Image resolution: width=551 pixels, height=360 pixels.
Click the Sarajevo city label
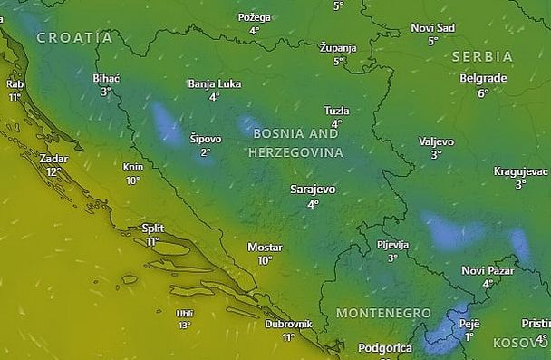[313, 190]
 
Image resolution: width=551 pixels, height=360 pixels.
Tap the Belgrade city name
[483, 78]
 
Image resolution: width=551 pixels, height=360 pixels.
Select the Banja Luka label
[214, 83]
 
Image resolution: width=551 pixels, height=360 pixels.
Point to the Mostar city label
[265, 247]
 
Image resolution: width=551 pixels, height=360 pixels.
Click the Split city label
[153, 229]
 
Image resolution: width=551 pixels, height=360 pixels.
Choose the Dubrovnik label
[288, 324]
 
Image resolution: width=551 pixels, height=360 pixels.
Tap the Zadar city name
[54, 158]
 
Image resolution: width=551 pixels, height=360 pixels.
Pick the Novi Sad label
[432, 28]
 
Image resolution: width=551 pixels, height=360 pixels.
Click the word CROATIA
[74, 38]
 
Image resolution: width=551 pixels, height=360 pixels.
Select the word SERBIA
[482, 56]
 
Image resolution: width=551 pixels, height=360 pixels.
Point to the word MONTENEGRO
[383, 313]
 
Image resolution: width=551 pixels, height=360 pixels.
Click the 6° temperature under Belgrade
[483, 92]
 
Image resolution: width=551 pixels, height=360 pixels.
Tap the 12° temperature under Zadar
[54, 171]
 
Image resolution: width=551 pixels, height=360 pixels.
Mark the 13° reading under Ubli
[185, 325]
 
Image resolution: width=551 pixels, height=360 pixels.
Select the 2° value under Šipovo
[206, 152]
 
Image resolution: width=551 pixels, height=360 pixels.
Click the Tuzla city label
[336, 110]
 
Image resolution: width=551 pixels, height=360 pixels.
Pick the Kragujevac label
[520, 170]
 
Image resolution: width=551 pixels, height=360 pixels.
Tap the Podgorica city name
[384, 347]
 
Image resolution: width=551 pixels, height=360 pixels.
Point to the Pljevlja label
[392, 245]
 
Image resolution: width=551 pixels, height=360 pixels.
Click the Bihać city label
[106, 78]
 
